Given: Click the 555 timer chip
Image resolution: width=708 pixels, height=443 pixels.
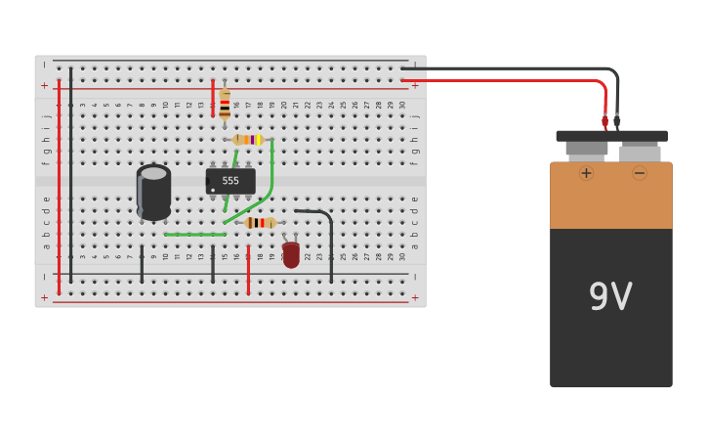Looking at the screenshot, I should pyautogui.click(x=230, y=181).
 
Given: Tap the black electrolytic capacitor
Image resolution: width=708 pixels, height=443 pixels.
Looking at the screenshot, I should pyautogui.click(x=153, y=192).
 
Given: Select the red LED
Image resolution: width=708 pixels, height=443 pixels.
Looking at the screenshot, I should pyautogui.click(x=291, y=254).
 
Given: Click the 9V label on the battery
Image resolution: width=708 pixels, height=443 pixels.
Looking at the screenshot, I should pyautogui.click(x=610, y=296).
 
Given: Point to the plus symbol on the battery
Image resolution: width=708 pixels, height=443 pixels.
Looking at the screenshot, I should pyautogui.click(x=586, y=173).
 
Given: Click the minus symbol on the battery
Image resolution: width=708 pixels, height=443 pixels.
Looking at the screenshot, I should pyautogui.click(x=640, y=173).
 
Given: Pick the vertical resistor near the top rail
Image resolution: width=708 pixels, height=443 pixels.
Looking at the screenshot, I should pyautogui.click(x=225, y=103).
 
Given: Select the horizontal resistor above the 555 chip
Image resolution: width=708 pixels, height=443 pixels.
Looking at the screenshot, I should pyautogui.click(x=248, y=140).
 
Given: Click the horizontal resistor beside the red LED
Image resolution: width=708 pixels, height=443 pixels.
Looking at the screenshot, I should pyautogui.click(x=260, y=223).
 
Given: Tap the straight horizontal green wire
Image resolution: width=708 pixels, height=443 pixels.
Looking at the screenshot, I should pyautogui.click(x=194, y=235).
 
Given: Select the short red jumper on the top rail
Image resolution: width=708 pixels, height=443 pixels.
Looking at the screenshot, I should pyautogui.click(x=213, y=98).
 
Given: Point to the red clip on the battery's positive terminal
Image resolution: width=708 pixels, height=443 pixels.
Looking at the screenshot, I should pyautogui.click(x=604, y=121).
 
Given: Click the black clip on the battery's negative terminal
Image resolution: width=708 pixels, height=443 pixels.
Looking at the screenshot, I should pyautogui.click(x=617, y=121).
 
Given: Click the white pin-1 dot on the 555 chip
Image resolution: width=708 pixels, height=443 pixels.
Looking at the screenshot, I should pyautogui.click(x=213, y=190).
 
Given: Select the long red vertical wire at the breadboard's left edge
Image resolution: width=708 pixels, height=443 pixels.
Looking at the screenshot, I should pyautogui.click(x=59, y=186).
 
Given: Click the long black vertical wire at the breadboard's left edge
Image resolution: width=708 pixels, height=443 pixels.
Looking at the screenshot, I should pyautogui.click(x=70, y=176).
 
